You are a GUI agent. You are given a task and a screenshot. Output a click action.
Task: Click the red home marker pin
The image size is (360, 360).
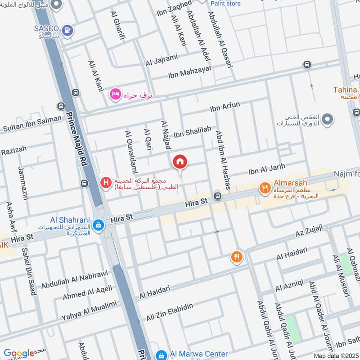click(x=180, y=161)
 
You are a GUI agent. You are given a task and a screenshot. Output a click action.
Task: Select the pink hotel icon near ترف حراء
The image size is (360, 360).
click(x=115, y=94)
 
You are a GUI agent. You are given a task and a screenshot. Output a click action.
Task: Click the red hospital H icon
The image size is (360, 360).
click(x=105, y=183)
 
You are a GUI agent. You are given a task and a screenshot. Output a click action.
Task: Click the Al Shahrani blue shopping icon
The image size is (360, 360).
click(x=97, y=224)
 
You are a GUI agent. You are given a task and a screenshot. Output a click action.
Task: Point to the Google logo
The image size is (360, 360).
click(x=18, y=353)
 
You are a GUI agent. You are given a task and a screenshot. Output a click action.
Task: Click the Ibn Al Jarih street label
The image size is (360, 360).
click(x=267, y=169)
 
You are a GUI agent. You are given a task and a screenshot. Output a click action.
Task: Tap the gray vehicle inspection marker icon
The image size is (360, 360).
click(x=328, y=119)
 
